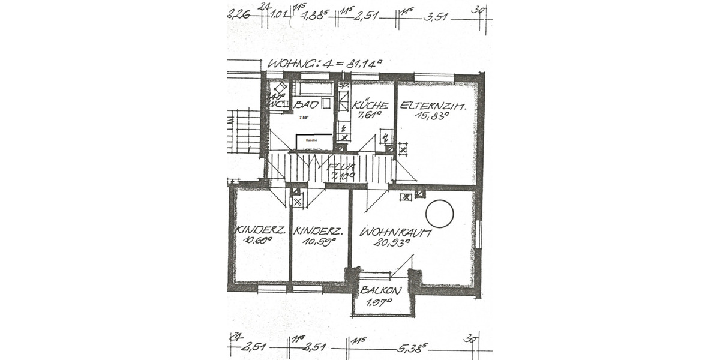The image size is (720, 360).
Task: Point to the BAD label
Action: [x=307, y=106]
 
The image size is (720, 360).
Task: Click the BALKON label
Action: [x=381, y=290]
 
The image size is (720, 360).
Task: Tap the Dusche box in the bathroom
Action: [x=313, y=142]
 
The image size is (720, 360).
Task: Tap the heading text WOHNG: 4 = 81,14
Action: [x=325, y=62]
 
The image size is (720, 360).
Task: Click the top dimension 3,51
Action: [x=436, y=17]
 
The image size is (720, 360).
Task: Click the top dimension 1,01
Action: [x=279, y=14]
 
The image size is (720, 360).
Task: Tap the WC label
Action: [x=276, y=104]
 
